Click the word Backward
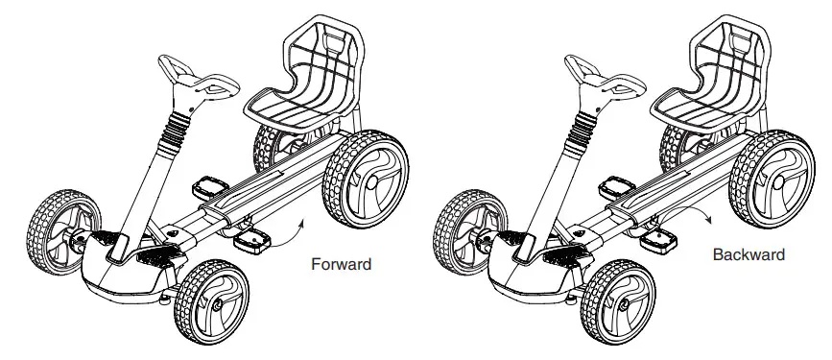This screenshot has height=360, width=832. coord(749,255)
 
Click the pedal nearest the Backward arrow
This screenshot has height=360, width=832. coord(659,237)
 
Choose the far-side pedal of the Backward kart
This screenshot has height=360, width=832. coord(615,183)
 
